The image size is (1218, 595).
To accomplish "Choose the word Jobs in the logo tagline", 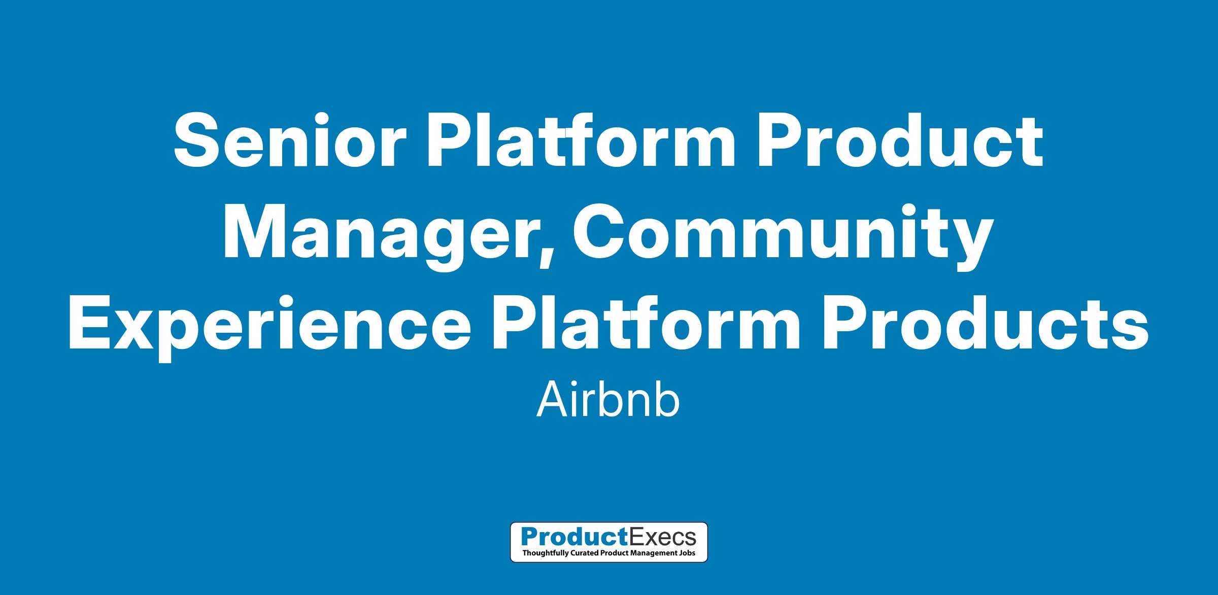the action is [x=687, y=552].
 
